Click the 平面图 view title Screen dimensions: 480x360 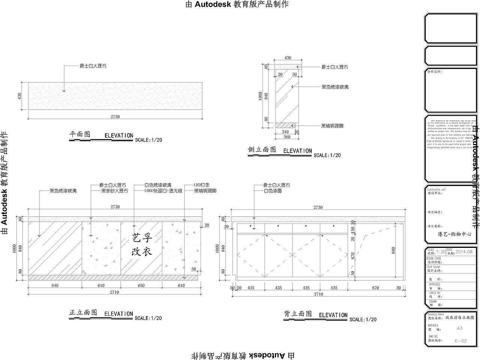coord(80,134)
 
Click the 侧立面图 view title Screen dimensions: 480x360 coord(262,150)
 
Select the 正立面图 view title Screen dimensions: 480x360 coord(83,312)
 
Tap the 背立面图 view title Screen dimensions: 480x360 coord(298,314)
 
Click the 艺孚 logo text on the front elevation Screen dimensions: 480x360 coord(142,237)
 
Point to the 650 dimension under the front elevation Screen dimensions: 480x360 coord(141,286)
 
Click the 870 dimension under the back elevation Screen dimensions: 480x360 coord(375,288)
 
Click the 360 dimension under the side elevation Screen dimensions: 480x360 coord(287,137)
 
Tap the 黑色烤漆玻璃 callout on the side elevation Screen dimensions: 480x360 coord(335,87)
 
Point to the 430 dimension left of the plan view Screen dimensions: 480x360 coord(20,96)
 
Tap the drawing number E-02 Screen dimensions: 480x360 coord(460,341)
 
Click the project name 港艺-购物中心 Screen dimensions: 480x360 coord(454,234)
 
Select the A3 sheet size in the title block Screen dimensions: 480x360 coord(459,328)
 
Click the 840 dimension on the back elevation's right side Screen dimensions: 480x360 coord(394,250)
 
